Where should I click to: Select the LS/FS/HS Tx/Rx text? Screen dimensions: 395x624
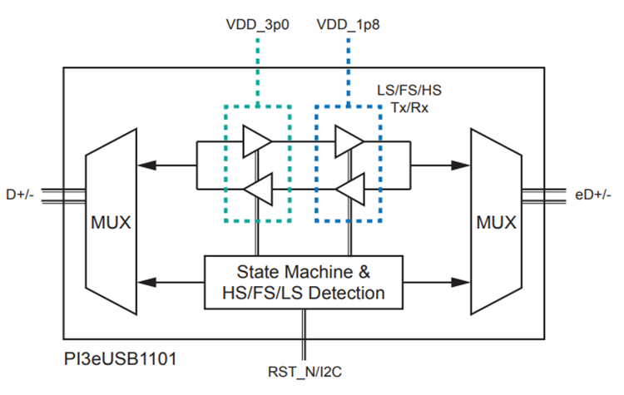411,99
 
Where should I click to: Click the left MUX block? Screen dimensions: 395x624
111,223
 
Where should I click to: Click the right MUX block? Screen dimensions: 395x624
496,223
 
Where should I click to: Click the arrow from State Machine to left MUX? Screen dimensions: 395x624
170,282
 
